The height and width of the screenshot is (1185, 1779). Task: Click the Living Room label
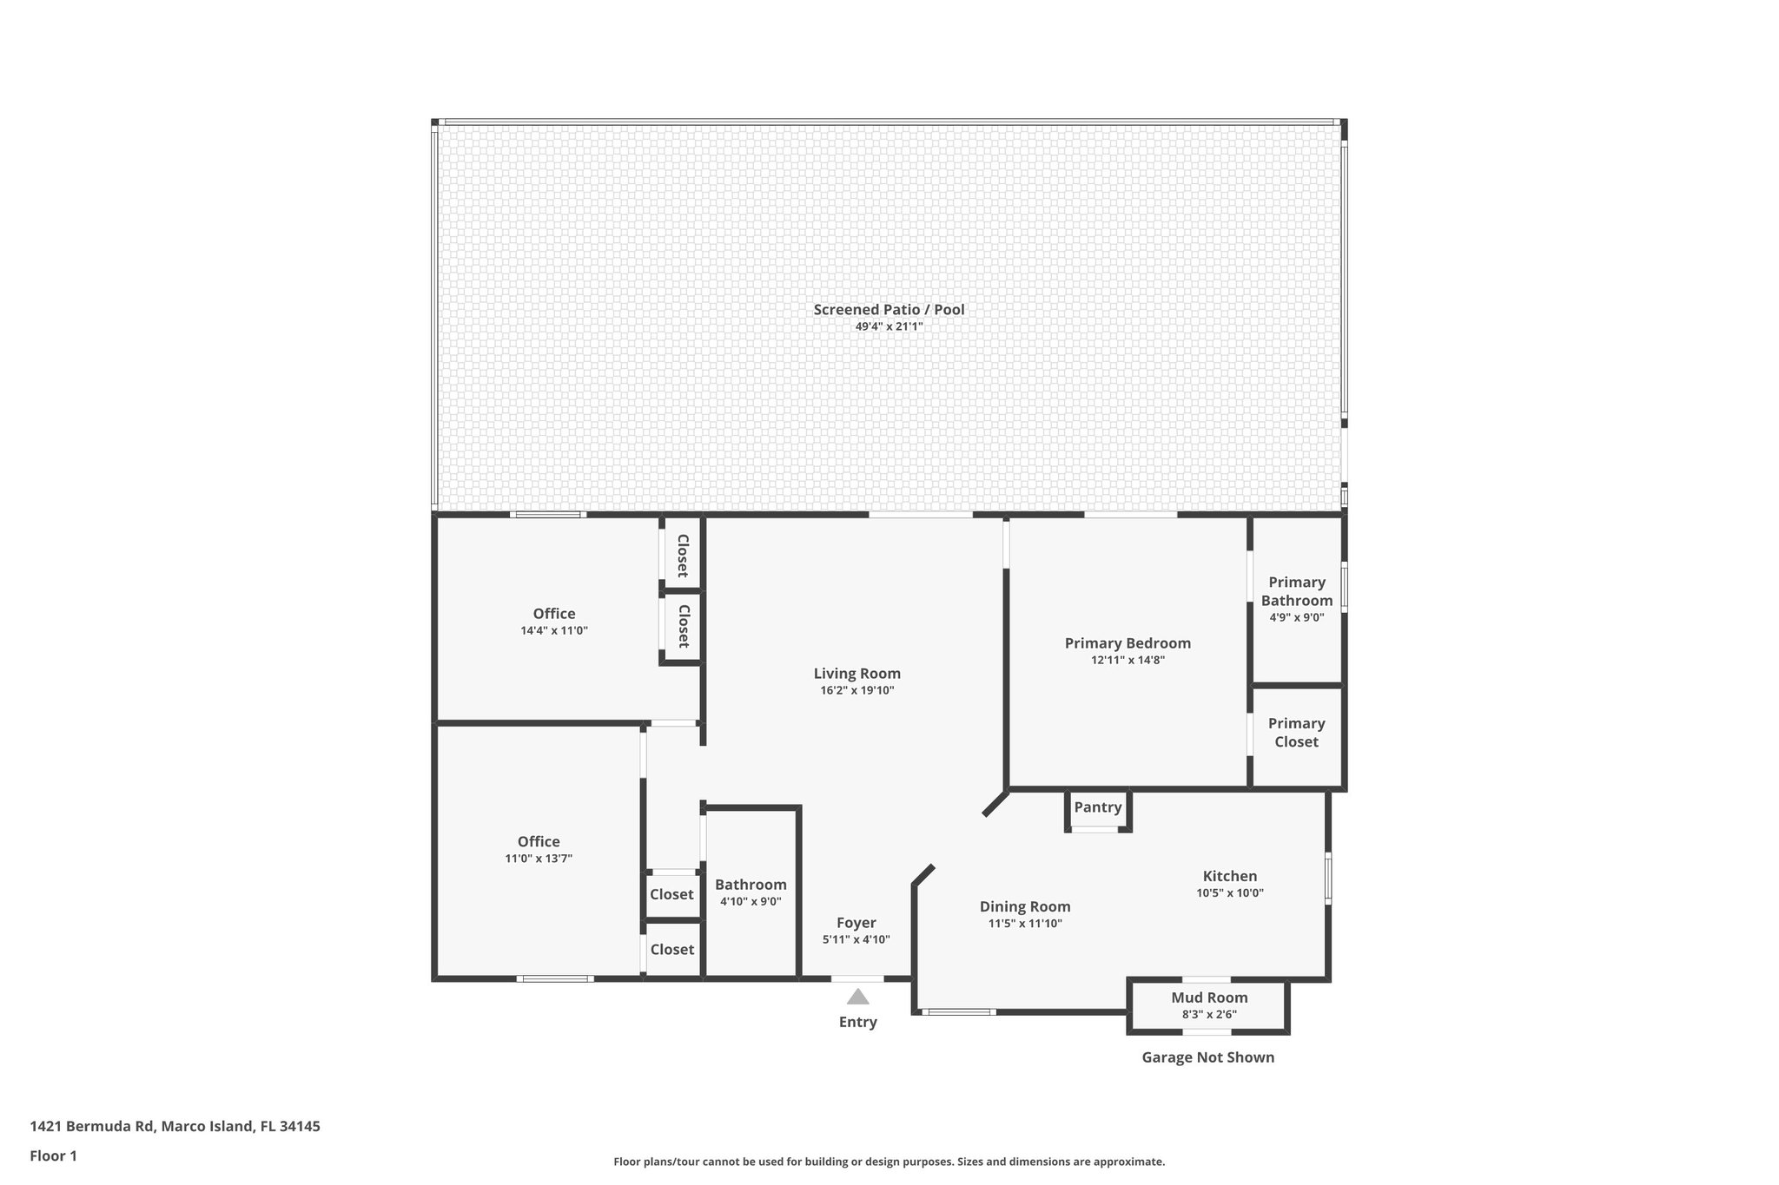click(856, 674)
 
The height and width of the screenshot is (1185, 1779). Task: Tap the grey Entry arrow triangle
click(857, 997)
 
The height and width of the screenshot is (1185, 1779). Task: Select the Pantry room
click(1097, 807)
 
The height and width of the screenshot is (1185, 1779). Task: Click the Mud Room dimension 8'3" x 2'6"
click(1208, 1014)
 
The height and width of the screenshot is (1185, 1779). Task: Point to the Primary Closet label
click(1296, 733)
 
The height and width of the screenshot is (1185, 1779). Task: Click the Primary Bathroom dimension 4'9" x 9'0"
click(1296, 618)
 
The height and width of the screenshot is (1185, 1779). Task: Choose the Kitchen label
click(1229, 876)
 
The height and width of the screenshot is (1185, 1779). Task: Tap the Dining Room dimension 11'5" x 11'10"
click(1025, 924)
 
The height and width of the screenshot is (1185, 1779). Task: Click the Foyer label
click(856, 923)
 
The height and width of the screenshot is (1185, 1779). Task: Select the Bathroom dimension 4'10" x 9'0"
click(751, 901)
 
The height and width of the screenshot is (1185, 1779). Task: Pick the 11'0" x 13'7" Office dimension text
click(539, 859)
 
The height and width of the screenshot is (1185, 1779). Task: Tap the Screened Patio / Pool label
click(889, 310)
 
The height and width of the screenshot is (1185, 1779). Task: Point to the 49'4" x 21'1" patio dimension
click(889, 327)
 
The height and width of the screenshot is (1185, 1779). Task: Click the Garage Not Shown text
click(1207, 1057)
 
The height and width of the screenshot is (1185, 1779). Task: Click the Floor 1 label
click(53, 1156)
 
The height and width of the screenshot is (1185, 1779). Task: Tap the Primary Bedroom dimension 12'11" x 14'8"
click(1128, 660)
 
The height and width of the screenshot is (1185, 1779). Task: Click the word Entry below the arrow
click(857, 1023)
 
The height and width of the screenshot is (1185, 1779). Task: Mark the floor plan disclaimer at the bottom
click(889, 1162)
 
